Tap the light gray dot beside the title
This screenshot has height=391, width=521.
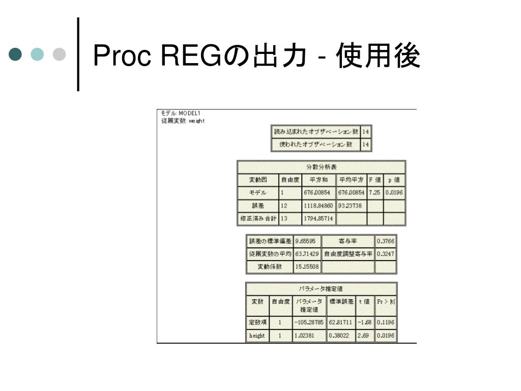click(60, 54)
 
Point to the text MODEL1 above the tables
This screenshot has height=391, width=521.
click(189, 113)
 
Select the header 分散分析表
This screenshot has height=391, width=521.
click(321, 167)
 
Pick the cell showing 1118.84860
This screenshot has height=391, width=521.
click(319, 206)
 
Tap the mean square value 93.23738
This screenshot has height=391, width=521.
click(351, 206)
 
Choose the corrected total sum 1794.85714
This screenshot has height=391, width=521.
click(319, 219)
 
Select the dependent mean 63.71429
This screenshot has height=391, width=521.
click(307, 254)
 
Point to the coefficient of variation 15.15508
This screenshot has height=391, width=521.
click(307, 266)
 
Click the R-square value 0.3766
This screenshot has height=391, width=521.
click(385, 241)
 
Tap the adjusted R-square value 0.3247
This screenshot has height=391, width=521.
click(385, 254)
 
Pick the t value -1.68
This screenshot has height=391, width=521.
click(364, 322)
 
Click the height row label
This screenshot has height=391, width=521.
click(257, 336)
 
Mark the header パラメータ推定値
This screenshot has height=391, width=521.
click(321, 289)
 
